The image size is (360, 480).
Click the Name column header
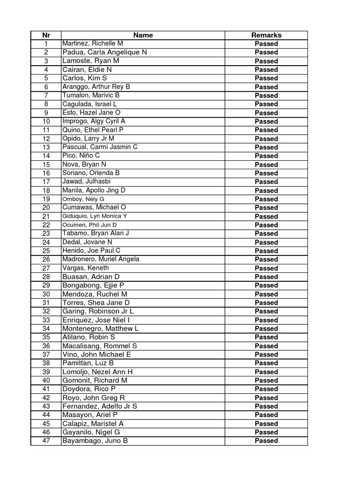point(143,35)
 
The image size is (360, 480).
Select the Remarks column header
point(266,35)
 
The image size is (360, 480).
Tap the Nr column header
point(46,35)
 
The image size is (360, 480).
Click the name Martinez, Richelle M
point(92,44)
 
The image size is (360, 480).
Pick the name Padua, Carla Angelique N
point(105,52)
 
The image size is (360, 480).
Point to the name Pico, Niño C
point(81,156)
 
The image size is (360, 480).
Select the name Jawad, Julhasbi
point(87,181)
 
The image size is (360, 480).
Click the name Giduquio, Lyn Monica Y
point(95,216)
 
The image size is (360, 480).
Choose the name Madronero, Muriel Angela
point(101,259)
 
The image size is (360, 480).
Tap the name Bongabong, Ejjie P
point(93,285)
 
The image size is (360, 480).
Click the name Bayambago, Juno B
point(95,441)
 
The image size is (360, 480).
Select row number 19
point(46,199)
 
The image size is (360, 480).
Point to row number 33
point(46,320)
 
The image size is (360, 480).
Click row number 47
point(46,441)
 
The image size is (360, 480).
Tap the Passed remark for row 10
point(266,121)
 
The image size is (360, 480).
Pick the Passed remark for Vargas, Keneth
point(266,268)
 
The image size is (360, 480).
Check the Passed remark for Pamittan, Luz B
point(266,363)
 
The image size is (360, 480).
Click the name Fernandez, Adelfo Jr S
point(100,406)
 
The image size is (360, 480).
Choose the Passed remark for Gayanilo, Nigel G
point(266,432)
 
